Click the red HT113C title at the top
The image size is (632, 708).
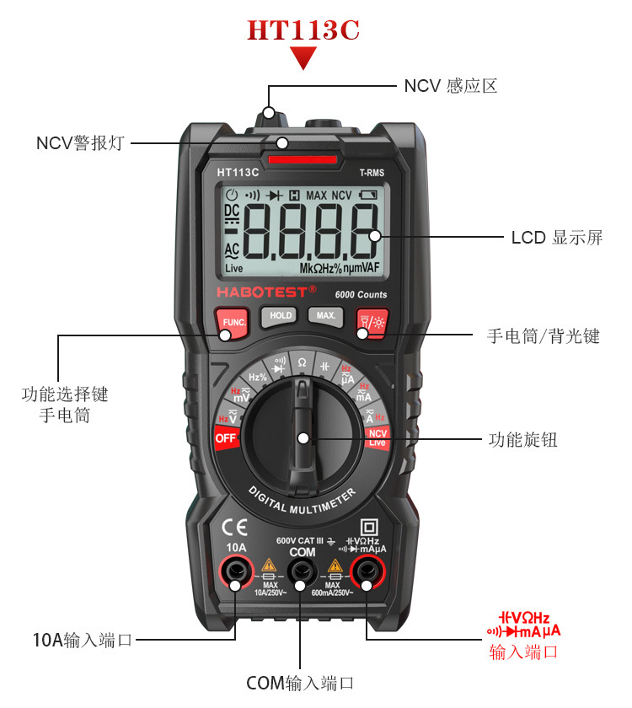point(303,30)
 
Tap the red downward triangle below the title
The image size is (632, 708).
point(303,57)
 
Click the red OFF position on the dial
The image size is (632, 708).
point(226,438)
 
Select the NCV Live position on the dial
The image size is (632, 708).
point(377,437)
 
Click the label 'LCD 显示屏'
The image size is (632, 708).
point(557,237)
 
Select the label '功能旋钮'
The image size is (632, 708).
point(522,439)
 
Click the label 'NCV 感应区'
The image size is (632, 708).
point(451,86)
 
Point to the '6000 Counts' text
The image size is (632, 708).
point(361,294)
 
